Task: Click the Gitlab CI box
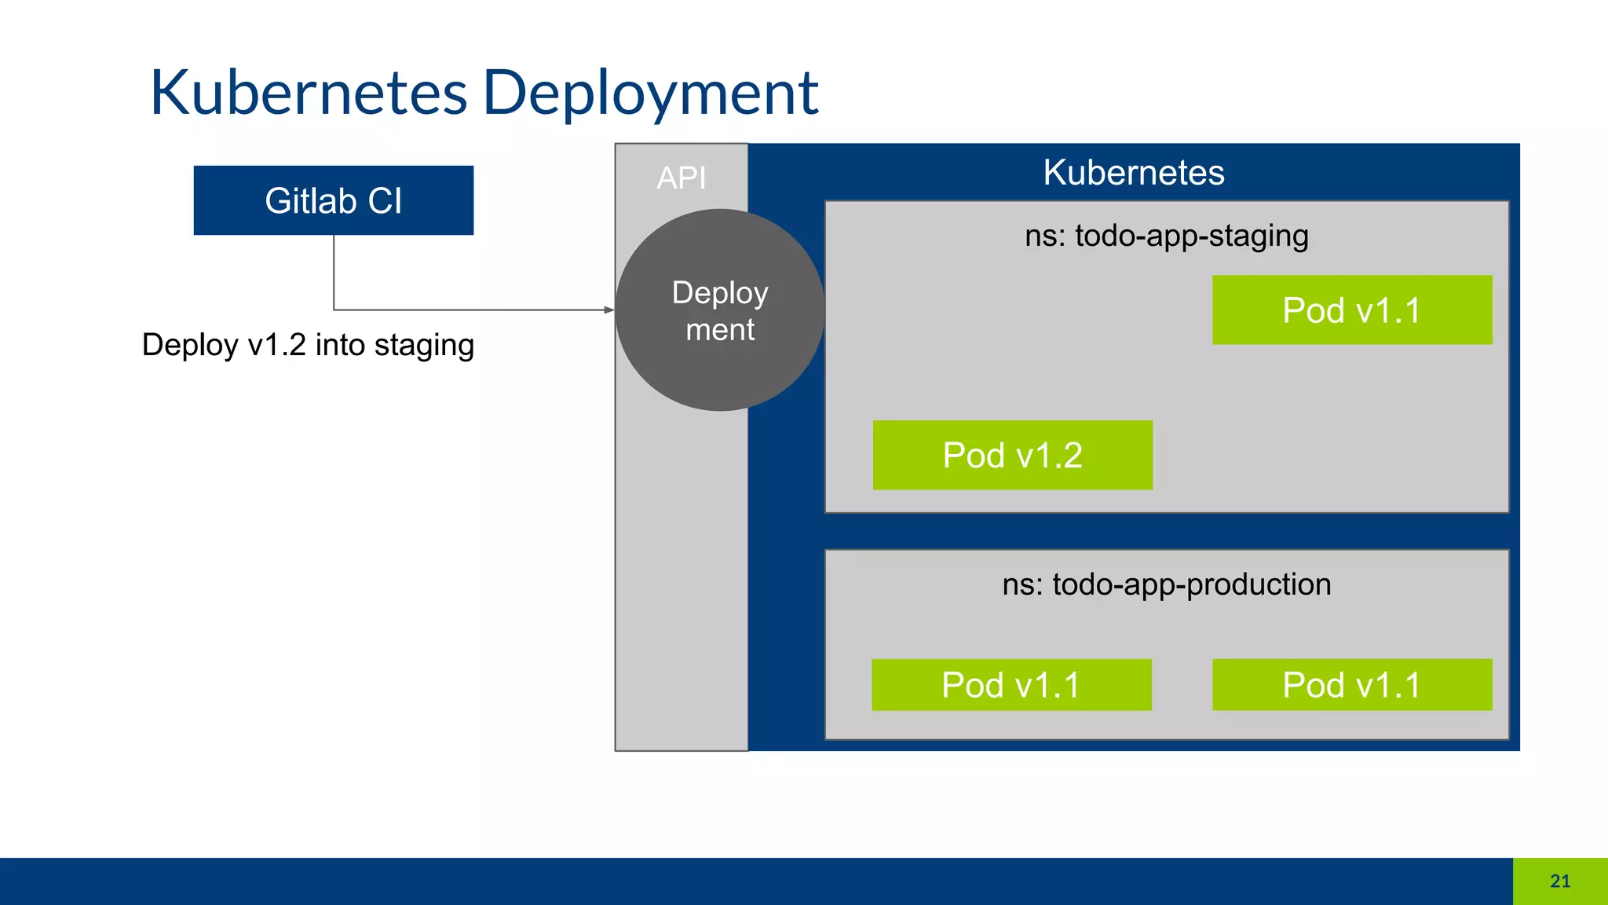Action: (x=333, y=200)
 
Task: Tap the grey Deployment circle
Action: (x=719, y=310)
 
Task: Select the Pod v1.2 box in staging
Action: (x=1012, y=455)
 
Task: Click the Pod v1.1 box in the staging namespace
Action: (x=1351, y=310)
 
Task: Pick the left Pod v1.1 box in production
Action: (x=1011, y=684)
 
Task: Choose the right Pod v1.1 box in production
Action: (x=1351, y=684)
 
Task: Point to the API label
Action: (x=681, y=178)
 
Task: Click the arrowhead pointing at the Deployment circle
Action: (x=609, y=310)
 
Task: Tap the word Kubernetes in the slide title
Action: (x=309, y=93)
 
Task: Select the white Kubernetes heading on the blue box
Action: (x=1133, y=172)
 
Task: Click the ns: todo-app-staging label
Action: (x=1166, y=236)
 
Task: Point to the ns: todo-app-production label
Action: (x=1166, y=584)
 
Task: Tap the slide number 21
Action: (x=1560, y=881)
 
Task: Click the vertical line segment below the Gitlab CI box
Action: (x=334, y=271)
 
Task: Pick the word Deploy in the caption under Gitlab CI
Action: (x=189, y=345)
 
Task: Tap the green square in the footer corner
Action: (x=1560, y=881)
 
